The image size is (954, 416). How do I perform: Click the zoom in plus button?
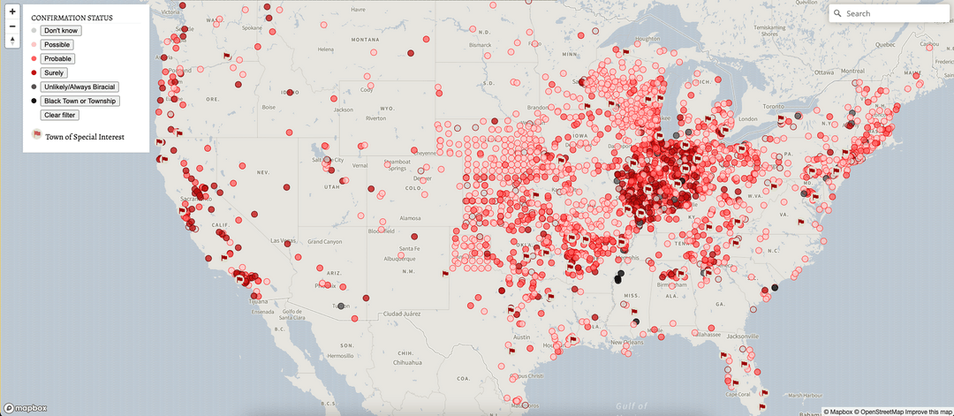click(x=12, y=11)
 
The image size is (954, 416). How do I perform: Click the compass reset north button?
click(x=12, y=41)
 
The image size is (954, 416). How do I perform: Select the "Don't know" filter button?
click(x=61, y=31)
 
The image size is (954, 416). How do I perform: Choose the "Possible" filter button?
click(x=57, y=45)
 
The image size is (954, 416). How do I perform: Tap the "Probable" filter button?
click(x=58, y=59)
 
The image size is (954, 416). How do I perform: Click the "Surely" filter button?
click(x=54, y=73)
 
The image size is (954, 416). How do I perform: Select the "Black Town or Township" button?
click(x=79, y=101)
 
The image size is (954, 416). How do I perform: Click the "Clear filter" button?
click(x=60, y=115)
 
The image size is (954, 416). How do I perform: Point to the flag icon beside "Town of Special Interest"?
click(x=37, y=135)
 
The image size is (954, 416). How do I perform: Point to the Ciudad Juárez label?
click(x=401, y=314)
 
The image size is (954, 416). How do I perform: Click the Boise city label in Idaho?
click(x=269, y=108)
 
